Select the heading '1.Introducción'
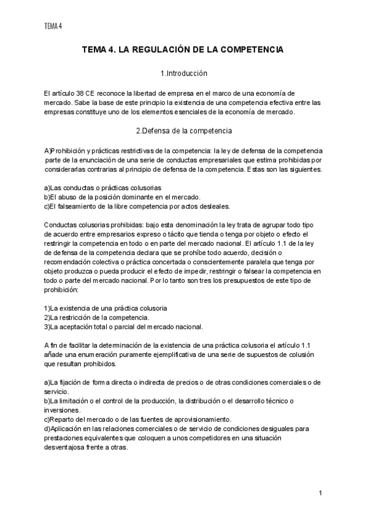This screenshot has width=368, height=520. (183, 74)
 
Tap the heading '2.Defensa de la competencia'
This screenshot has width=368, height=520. (183, 130)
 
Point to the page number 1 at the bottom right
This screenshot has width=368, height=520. (321, 494)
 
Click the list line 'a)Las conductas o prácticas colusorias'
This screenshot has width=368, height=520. (103, 187)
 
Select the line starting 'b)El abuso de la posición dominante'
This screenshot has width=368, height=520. (123, 196)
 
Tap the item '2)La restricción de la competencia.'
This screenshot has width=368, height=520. (97, 318)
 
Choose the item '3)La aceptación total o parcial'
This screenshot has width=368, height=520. (123, 327)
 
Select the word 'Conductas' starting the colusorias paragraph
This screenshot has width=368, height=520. (61, 224)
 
